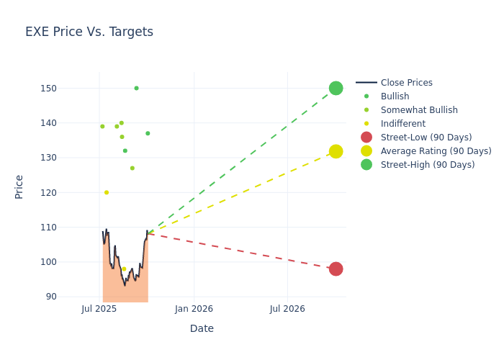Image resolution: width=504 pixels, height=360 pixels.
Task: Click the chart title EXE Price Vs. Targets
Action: point(89,32)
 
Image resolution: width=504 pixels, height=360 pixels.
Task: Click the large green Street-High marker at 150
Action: point(336,88)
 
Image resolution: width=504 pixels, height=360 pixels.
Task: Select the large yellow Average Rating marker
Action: point(336,151)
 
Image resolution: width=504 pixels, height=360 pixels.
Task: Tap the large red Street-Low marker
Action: point(336,269)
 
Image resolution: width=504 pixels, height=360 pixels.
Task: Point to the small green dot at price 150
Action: point(136,88)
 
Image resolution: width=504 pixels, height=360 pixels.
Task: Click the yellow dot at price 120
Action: point(107,192)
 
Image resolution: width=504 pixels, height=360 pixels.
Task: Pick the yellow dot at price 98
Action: point(124,269)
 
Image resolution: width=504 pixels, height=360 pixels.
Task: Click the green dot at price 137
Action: point(148,133)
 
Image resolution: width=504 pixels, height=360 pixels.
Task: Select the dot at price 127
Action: point(132,168)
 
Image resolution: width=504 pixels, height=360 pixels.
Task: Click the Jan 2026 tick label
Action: point(194,309)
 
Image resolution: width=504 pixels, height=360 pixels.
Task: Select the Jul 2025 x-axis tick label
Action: point(99,309)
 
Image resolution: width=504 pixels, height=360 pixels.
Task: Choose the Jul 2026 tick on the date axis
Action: point(287,309)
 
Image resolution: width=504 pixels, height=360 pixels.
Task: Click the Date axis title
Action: point(202,328)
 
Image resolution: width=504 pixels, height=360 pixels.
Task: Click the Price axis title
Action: point(19,186)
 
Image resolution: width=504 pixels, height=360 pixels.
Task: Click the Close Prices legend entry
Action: point(406,83)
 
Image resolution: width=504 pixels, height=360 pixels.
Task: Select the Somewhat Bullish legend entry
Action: point(419,110)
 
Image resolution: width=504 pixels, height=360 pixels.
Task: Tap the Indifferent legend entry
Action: point(402,124)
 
